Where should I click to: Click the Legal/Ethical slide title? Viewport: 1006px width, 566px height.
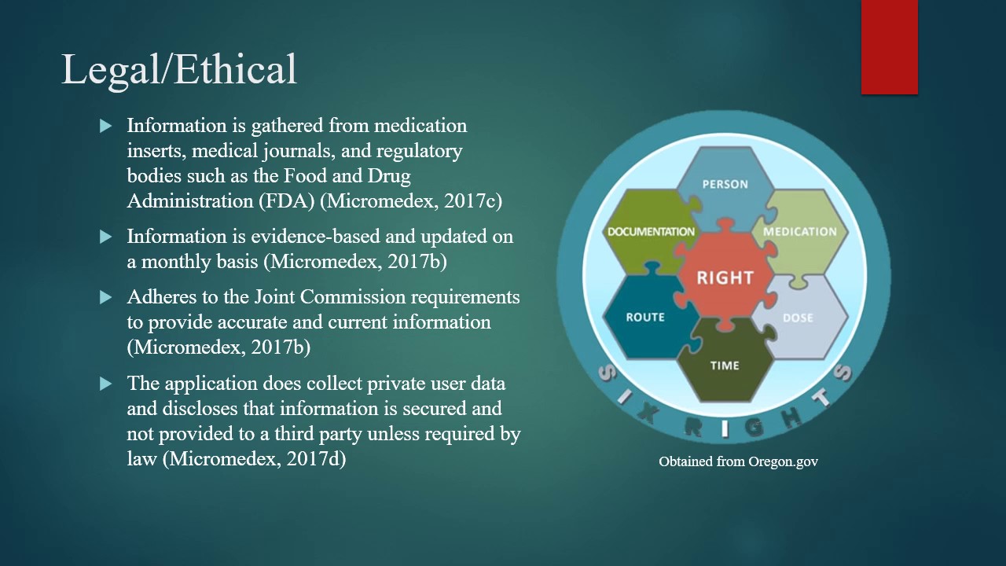pyautogui.click(x=179, y=69)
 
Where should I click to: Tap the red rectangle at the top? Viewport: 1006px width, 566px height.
pyautogui.click(x=889, y=47)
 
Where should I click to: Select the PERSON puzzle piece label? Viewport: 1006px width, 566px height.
pyautogui.click(x=725, y=184)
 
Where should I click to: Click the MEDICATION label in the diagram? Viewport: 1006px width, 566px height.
pyautogui.click(x=799, y=232)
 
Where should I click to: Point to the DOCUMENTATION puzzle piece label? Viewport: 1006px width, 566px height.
pyautogui.click(x=651, y=232)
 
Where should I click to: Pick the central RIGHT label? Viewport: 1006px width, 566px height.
pyautogui.click(x=725, y=277)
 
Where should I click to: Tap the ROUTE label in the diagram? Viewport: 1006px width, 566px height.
pyautogui.click(x=645, y=318)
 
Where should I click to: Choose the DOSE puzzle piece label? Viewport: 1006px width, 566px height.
pyautogui.click(x=798, y=318)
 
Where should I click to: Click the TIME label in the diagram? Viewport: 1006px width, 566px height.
pyautogui.click(x=725, y=366)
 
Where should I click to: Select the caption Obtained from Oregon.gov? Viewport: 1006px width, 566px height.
pyautogui.click(x=738, y=461)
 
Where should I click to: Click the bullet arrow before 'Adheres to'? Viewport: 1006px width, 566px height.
pyautogui.click(x=106, y=298)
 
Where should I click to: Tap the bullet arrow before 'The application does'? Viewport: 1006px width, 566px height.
pyautogui.click(x=106, y=384)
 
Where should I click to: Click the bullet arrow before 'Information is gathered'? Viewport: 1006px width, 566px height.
pyautogui.click(x=106, y=126)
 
